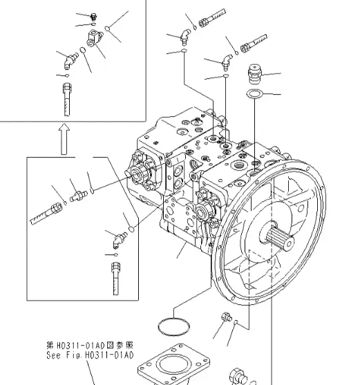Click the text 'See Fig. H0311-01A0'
click(x=89, y=355)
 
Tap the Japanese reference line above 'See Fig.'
click(x=89, y=344)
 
